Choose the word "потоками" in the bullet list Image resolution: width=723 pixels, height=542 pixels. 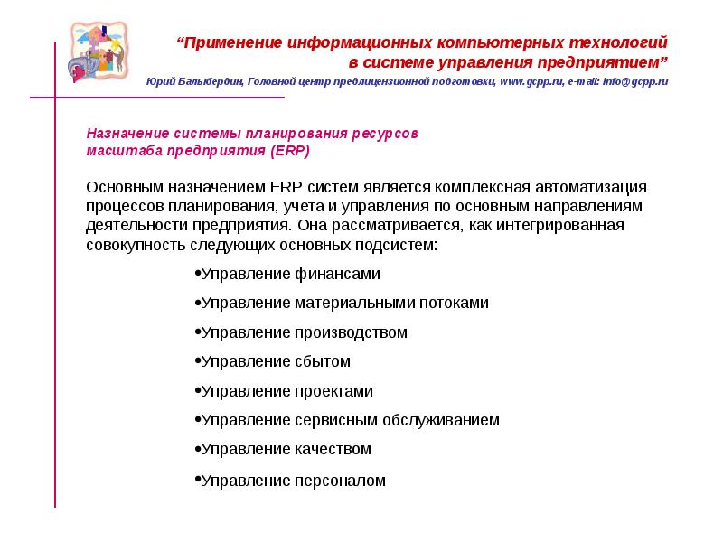pyautogui.click(x=450, y=304)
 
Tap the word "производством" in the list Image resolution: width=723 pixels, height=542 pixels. pyautogui.click(x=351, y=332)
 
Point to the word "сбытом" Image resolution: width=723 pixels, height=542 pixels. pyautogui.click(x=323, y=361)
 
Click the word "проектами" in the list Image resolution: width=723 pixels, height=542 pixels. pyautogui.click(x=333, y=391)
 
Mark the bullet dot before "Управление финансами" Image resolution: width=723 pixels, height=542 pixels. pyautogui.click(x=197, y=274)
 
